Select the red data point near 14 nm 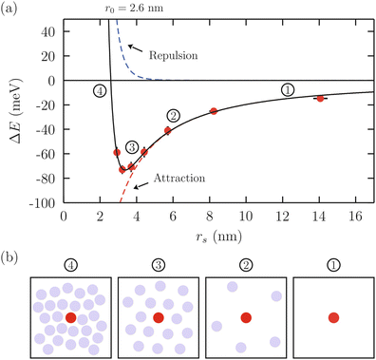320,98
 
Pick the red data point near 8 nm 214,111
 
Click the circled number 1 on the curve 288,88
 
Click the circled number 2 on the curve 172,115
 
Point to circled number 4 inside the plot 99,90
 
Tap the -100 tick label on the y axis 43,203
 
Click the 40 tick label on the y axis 48,30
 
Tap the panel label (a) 9,7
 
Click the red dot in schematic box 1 333,317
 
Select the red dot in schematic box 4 71,316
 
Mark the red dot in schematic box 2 246,317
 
